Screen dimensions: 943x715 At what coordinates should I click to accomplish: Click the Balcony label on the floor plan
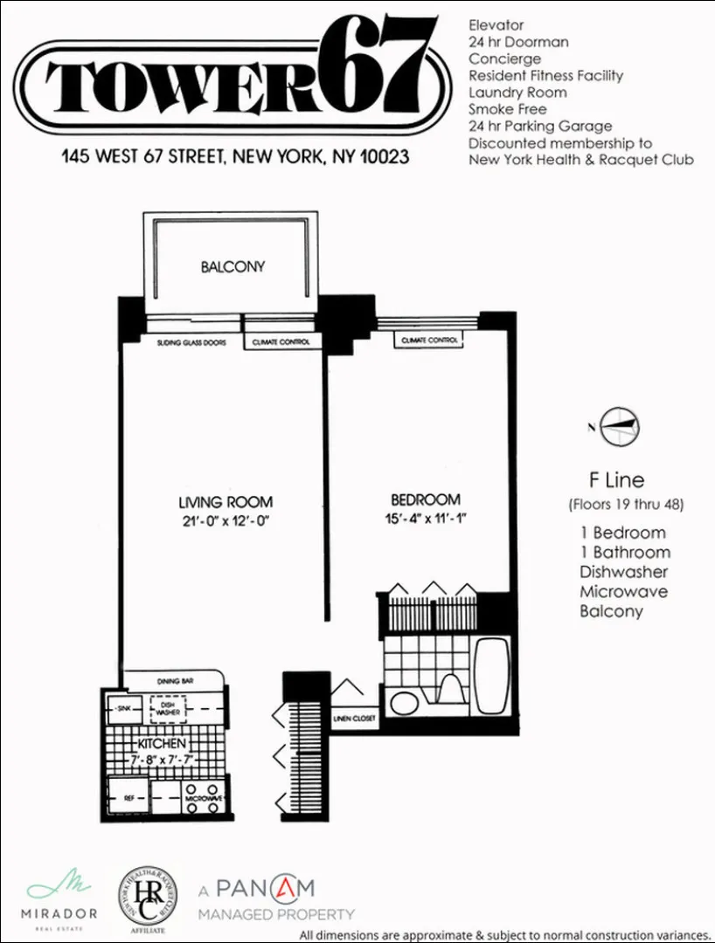coord(232,266)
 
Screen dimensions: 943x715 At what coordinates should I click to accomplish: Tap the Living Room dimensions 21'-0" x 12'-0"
coord(226,522)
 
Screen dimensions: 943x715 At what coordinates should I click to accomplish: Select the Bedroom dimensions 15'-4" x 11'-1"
coord(425,520)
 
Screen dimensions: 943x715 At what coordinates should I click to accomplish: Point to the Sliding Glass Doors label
coord(191,343)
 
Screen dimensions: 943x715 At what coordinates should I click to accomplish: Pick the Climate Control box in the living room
coord(281,343)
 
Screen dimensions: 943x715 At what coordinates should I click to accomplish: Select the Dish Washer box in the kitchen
coord(168,711)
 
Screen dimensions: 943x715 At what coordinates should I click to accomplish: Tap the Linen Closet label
coord(354,719)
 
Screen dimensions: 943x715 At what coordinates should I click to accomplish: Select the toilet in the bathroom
coord(450,690)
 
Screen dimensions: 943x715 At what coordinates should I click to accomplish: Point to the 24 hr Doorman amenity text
coord(518,42)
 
